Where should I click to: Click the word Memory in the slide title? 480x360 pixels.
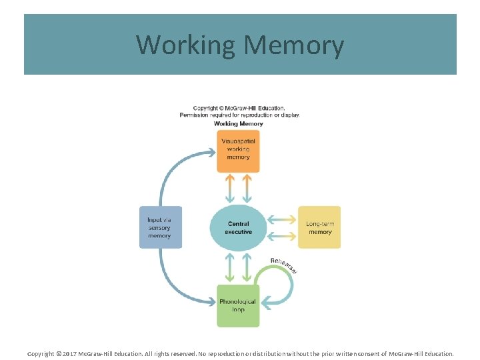click(x=294, y=45)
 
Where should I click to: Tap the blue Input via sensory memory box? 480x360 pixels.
click(x=160, y=227)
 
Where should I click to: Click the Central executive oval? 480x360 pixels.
click(x=238, y=228)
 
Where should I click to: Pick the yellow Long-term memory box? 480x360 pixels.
click(x=319, y=227)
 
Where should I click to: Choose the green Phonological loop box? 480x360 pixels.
click(x=238, y=305)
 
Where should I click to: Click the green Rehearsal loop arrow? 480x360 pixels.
click(x=288, y=287)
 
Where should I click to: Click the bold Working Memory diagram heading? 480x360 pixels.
click(x=238, y=123)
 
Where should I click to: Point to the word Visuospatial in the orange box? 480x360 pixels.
click(x=238, y=141)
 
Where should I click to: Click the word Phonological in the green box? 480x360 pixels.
click(x=238, y=301)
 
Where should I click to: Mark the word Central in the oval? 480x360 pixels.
click(x=238, y=224)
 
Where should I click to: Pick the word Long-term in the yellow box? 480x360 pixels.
click(x=319, y=224)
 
